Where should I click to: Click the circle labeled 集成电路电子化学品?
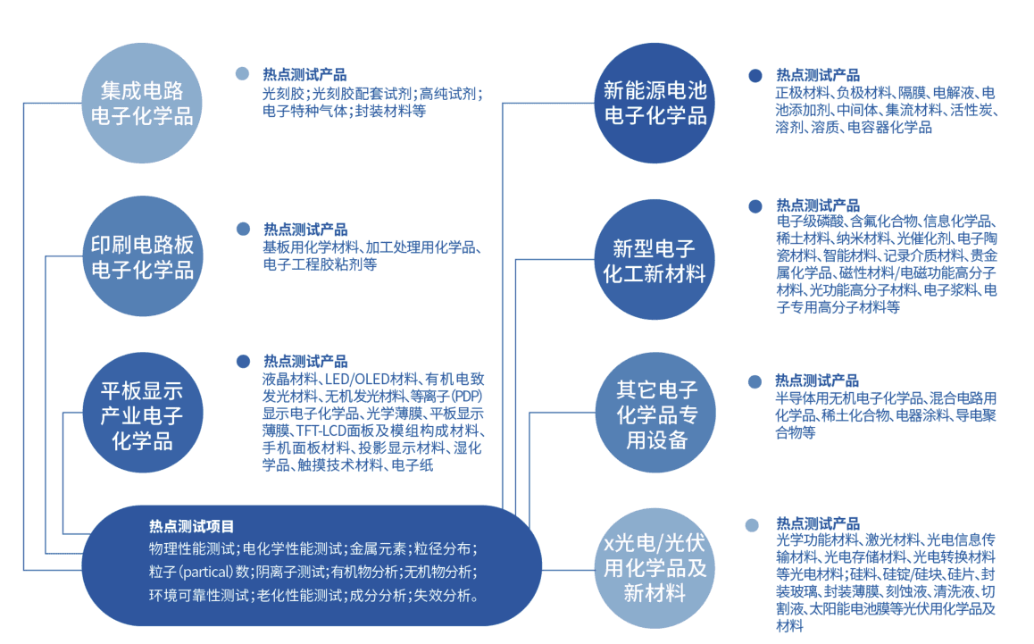(x=142, y=103)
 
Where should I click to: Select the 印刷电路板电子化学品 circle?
(x=143, y=256)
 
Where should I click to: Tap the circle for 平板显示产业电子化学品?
(x=143, y=413)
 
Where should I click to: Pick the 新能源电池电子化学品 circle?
(x=655, y=103)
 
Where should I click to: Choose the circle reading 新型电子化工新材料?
(x=655, y=259)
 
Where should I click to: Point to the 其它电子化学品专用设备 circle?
(x=656, y=413)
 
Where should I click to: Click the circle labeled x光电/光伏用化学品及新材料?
(x=655, y=568)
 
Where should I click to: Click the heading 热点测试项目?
(x=191, y=527)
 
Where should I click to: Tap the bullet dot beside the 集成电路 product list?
(x=243, y=74)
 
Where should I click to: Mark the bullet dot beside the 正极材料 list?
(x=755, y=76)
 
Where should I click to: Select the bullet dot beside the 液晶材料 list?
(x=244, y=362)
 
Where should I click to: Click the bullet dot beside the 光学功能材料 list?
(x=752, y=525)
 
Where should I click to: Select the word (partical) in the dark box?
(x=206, y=572)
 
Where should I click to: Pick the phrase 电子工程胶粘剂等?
(x=320, y=264)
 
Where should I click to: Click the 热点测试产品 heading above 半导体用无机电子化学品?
(x=817, y=381)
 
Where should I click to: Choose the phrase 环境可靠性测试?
(x=199, y=596)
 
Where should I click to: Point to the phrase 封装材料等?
(x=390, y=111)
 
